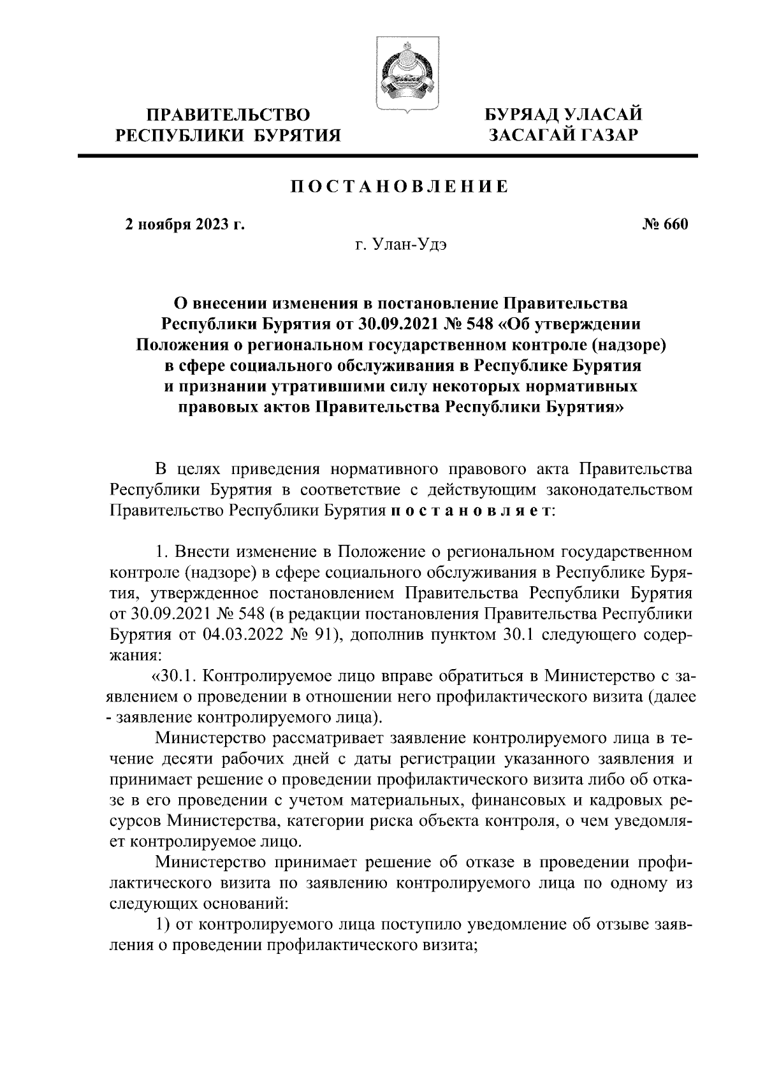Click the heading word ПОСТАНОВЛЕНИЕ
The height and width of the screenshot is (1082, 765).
point(400,187)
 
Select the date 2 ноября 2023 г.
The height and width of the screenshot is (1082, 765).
point(185,225)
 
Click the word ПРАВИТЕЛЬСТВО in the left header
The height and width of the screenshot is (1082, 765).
point(228,115)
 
